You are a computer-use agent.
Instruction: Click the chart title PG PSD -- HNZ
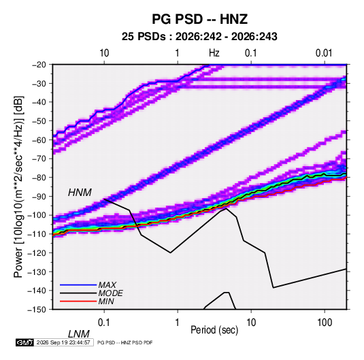pos(199,19)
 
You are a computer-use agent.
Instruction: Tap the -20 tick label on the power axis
pos(39,65)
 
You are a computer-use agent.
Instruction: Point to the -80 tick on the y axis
pos(39,178)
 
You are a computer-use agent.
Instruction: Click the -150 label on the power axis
pos(37,310)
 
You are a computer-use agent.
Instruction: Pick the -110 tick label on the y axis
pos(37,234)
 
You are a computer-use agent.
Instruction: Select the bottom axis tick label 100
pos(325,323)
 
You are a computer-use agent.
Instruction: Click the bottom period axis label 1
pos(178,323)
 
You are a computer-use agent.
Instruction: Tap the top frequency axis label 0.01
pos(324,53)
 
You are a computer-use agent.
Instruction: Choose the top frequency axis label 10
pos(104,53)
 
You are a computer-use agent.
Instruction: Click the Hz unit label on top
pos(214,53)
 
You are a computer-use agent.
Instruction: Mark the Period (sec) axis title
pos(214,330)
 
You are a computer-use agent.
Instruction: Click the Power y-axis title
pos(18,186)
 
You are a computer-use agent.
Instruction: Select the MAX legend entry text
pos(107,285)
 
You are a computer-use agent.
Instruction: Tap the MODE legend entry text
pos(110,293)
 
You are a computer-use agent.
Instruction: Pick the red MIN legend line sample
pos(78,301)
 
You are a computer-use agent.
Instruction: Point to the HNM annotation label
pos(80,193)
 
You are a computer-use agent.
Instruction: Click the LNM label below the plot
pos(78,334)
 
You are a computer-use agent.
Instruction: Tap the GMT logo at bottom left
pos(25,342)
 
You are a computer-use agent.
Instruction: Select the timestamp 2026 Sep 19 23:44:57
pos(63,342)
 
